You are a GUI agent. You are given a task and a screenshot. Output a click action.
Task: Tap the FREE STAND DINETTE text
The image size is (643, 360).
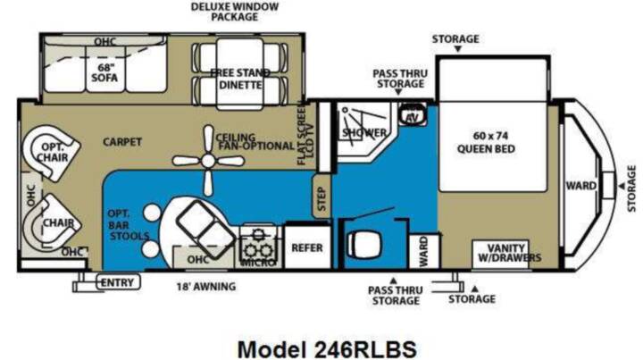[240, 79]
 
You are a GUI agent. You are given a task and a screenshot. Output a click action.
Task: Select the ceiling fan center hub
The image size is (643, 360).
[208, 161]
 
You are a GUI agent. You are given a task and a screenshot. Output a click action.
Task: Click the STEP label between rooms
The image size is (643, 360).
[321, 199]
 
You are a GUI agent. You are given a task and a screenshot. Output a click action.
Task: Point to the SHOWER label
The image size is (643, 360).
[364, 132]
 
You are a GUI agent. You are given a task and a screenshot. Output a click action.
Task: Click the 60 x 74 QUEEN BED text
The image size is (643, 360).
[487, 142]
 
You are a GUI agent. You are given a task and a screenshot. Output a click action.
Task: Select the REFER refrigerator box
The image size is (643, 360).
[307, 247]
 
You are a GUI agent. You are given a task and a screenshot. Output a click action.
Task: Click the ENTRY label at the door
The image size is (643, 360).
[117, 282]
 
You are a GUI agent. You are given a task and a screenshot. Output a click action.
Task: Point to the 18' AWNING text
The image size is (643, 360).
[206, 286]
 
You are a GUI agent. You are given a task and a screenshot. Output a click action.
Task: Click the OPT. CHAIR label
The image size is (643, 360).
[53, 152]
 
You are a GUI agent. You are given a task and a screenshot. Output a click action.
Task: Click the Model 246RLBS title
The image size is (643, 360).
[327, 349]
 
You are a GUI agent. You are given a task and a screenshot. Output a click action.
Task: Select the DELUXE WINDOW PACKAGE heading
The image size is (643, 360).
[235, 12]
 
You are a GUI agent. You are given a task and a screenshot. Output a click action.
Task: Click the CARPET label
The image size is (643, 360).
[122, 142]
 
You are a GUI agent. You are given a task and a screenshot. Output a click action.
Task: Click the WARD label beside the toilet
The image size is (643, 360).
[423, 251]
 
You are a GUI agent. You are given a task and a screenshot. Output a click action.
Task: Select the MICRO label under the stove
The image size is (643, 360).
[258, 263]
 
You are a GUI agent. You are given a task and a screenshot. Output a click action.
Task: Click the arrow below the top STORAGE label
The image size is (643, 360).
[458, 49]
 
